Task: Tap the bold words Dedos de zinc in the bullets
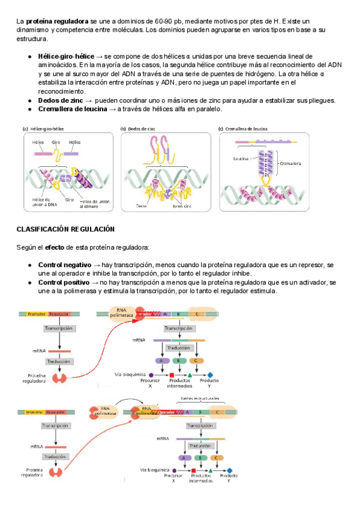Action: (x=59, y=100)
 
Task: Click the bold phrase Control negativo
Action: (x=64, y=265)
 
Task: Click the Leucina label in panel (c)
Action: (x=241, y=159)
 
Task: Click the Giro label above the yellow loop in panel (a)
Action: (x=56, y=142)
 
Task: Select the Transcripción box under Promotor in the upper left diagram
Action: (x=58, y=329)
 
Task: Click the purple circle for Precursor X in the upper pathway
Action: (x=142, y=375)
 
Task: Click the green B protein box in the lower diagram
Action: (x=198, y=457)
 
